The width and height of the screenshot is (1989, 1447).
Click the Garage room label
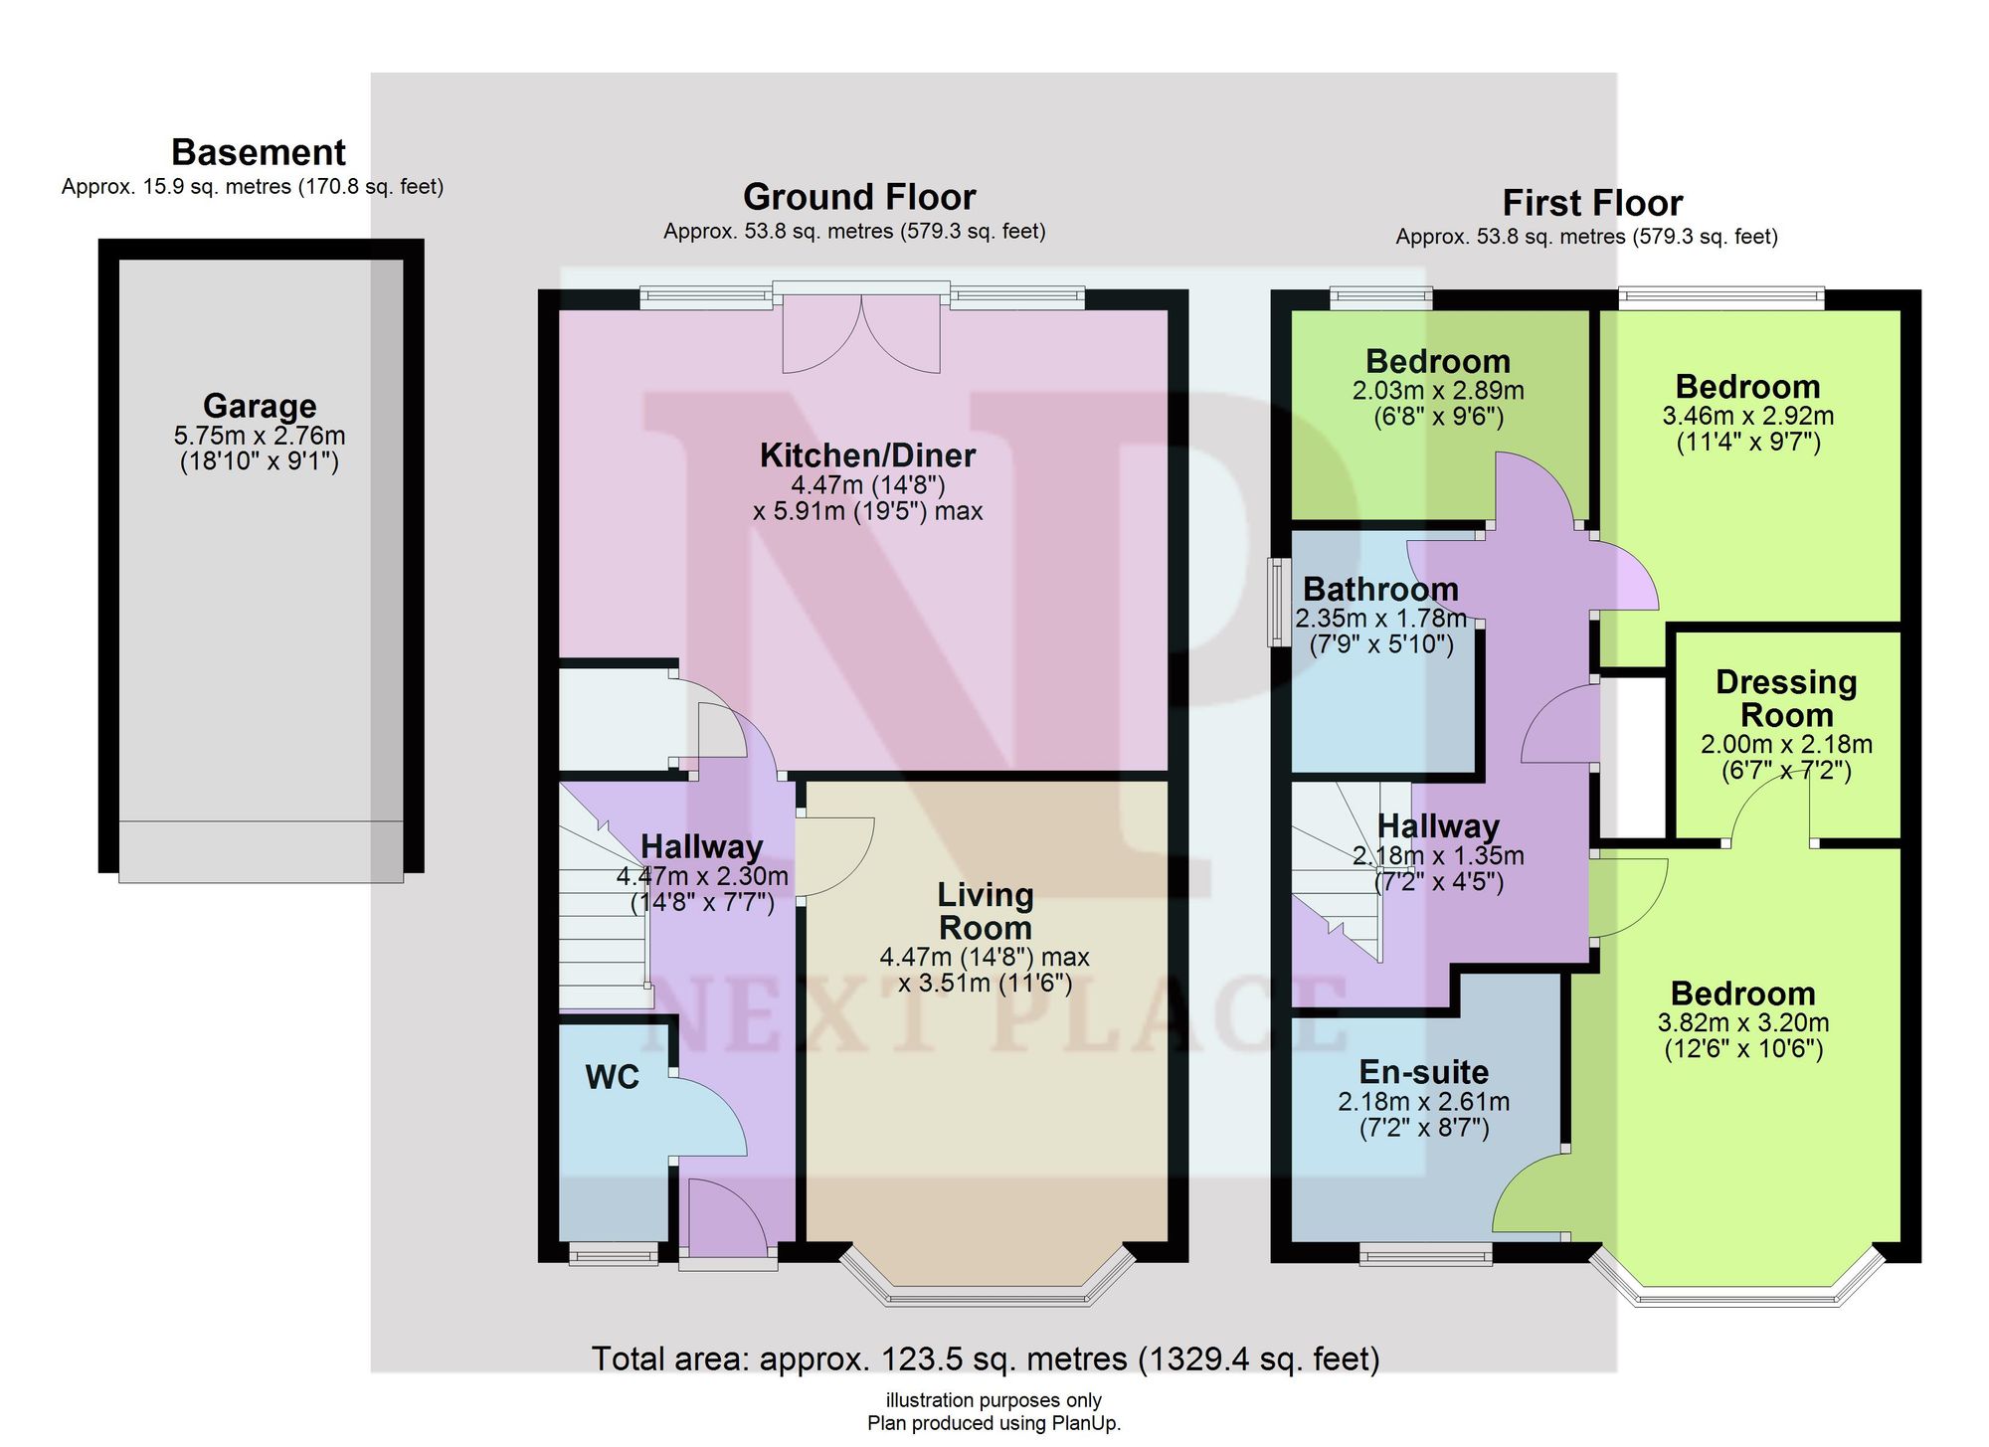point(260,406)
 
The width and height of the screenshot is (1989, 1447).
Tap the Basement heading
point(259,152)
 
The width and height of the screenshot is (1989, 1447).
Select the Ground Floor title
point(859,197)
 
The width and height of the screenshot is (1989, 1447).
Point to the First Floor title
point(1592,203)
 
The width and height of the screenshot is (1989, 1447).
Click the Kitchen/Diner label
point(867,455)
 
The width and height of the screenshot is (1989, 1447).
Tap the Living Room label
point(986,911)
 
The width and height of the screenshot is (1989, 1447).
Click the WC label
point(613,1077)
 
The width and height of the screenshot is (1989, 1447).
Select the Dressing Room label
point(1786,698)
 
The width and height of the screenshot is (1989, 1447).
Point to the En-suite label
point(1424,1072)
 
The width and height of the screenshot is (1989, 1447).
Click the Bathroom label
point(1380,589)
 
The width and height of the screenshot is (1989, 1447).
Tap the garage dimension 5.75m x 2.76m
point(260,436)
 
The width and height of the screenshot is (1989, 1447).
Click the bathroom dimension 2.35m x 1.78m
point(1380,619)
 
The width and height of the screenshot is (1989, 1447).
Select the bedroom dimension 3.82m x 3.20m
point(1743,1022)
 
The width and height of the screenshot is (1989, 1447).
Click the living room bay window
point(987,1277)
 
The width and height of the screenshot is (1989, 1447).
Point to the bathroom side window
point(1275,603)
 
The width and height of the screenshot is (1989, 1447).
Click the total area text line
point(986,1358)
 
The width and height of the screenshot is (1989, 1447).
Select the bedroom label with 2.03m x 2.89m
point(1438,361)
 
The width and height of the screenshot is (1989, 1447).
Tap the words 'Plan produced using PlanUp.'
point(994,1423)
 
